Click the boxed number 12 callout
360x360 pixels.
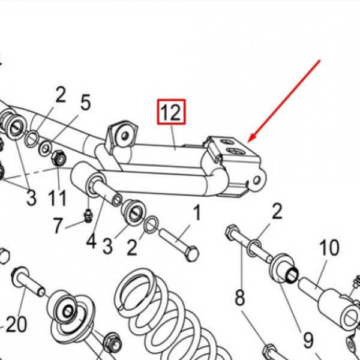[171, 112]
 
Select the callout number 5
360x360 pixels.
[85, 103]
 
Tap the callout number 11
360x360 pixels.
[57, 198]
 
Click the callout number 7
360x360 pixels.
[58, 226]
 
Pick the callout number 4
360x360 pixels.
[91, 241]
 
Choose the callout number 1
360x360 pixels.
[197, 213]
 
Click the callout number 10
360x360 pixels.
[329, 247]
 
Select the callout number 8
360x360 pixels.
[241, 298]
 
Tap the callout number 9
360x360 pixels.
[308, 340]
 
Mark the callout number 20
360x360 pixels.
[16, 324]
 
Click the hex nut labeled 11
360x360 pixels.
[59, 158]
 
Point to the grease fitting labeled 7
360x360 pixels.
[88, 216]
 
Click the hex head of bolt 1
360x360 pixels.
[192, 254]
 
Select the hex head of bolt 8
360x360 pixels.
[231, 232]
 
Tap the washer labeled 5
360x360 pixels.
[46, 148]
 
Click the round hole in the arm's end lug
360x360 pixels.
[256, 181]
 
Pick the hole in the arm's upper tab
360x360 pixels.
[125, 136]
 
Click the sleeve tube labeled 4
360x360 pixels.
[106, 191]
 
